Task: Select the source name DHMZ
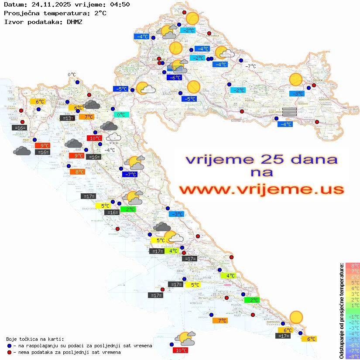[x=74, y=21]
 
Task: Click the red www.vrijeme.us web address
[x=261, y=189]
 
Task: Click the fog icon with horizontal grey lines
[x=289, y=112]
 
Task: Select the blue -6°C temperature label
[x=174, y=78]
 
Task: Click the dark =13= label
[x=67, y=118]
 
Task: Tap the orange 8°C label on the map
[x=77, y=172]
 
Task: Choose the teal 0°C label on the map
[x=121, y=115]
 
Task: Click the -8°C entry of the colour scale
[x=352, y=356]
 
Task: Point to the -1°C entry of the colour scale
[x=352, y=316]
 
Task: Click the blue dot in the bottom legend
[x=10, y=346]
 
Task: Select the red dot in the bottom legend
[x=10, y=352]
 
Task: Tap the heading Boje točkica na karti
[x=35, y=339]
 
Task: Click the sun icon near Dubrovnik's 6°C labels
[x=296, y=317]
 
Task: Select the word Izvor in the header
[x=12, y=21]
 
